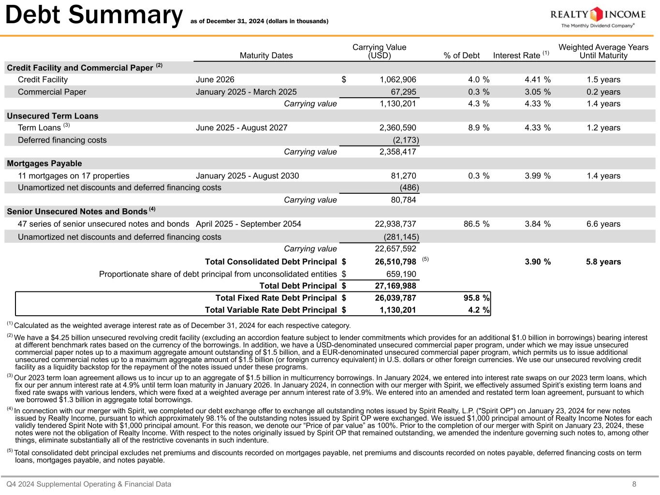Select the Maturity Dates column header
click(x=266, y=56)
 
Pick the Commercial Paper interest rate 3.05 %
click(x=537, y=92)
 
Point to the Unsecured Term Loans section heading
click(x=52, y=116)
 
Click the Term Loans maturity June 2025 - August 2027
click(x=241, y=128)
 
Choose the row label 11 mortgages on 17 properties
click(x=73, y=176)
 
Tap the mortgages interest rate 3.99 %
click(x=537, y=176)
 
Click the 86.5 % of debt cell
click(x=476, y=224)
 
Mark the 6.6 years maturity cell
click(x=603, y=224)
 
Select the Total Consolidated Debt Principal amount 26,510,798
click(x=396, y=262)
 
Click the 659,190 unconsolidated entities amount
click(x=398, y=275)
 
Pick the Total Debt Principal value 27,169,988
click(x=396, y=286)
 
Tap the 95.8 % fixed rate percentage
click(x=476, y=298)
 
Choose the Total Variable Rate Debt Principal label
click(x=271, y=310)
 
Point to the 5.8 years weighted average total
click(x=603, y=262)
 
